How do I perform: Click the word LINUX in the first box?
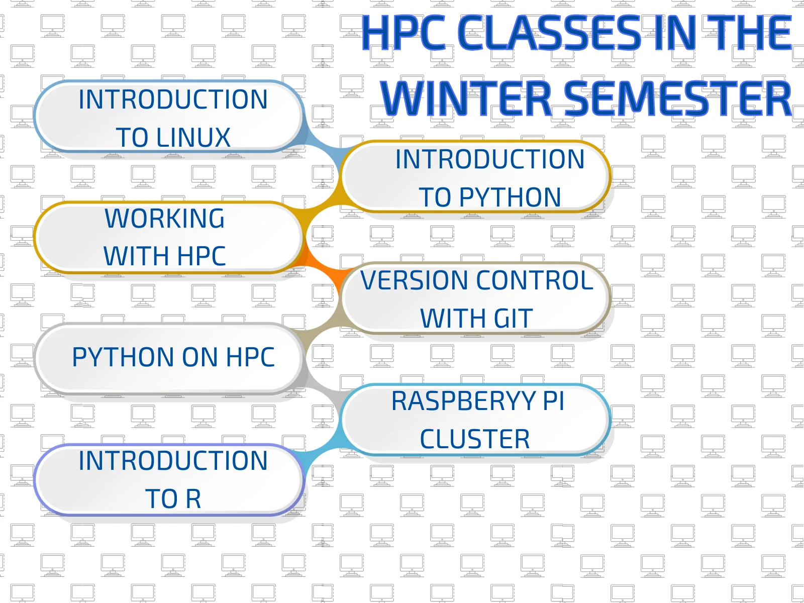point(193,138)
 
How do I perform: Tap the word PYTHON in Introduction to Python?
point(510,197)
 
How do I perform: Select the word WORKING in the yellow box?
point(164,219)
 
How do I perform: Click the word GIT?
point(513,319)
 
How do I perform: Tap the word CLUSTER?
point(474,439)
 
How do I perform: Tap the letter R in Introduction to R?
point(193,499)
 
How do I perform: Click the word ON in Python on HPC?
point(199,357)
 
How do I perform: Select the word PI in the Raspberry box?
point(553,401)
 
